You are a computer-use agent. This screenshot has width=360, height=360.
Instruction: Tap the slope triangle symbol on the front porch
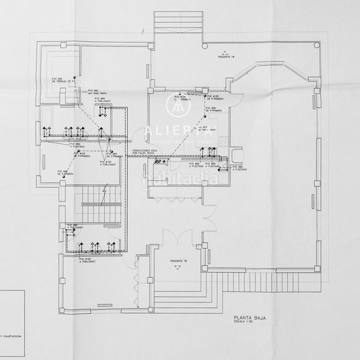[178, 269]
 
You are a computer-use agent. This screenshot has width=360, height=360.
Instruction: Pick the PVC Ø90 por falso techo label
[97, 92]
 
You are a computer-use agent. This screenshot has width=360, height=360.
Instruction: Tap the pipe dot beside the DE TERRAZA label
[74, 77]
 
